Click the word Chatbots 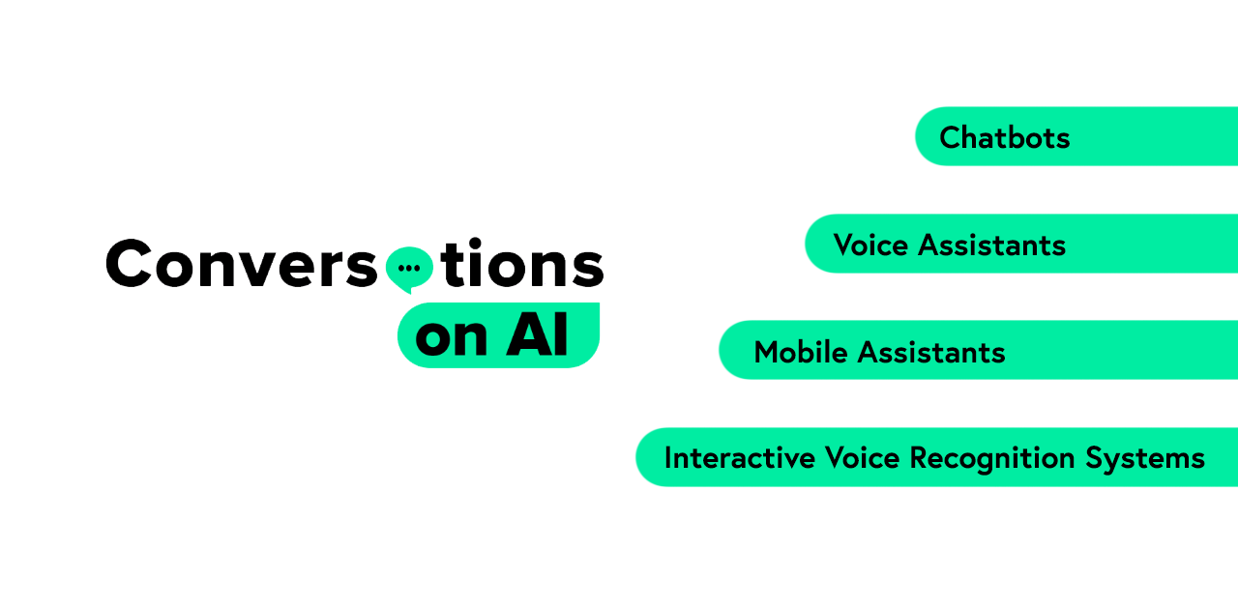click(1004, 137)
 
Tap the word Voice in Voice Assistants click(870, 246)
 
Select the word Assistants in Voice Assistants click(991, 246)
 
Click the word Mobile click(800, 353)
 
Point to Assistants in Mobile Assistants click(931, 353)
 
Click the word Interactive click(740, 458)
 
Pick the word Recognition click(992, 459)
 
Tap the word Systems click(1144, 459)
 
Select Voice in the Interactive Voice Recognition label click(862, 458)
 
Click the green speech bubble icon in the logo click(409, 269)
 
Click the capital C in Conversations click(129, 263)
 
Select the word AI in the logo click(537, 334)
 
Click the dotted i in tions click(475, 262)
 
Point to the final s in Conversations click(588, 268)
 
